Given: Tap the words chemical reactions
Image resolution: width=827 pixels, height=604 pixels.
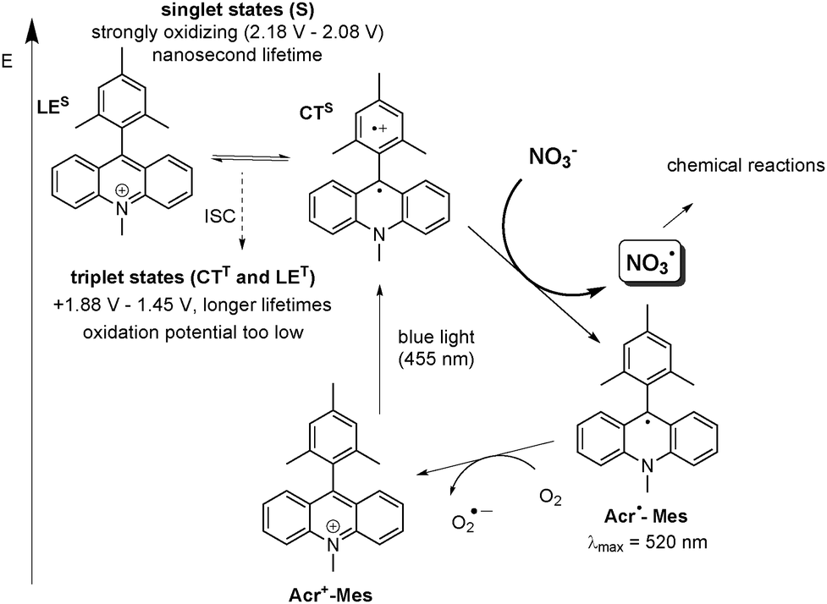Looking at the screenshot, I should (x=746, y=165).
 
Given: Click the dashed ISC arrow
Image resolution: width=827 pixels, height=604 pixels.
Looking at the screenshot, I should (x=243, y=211).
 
